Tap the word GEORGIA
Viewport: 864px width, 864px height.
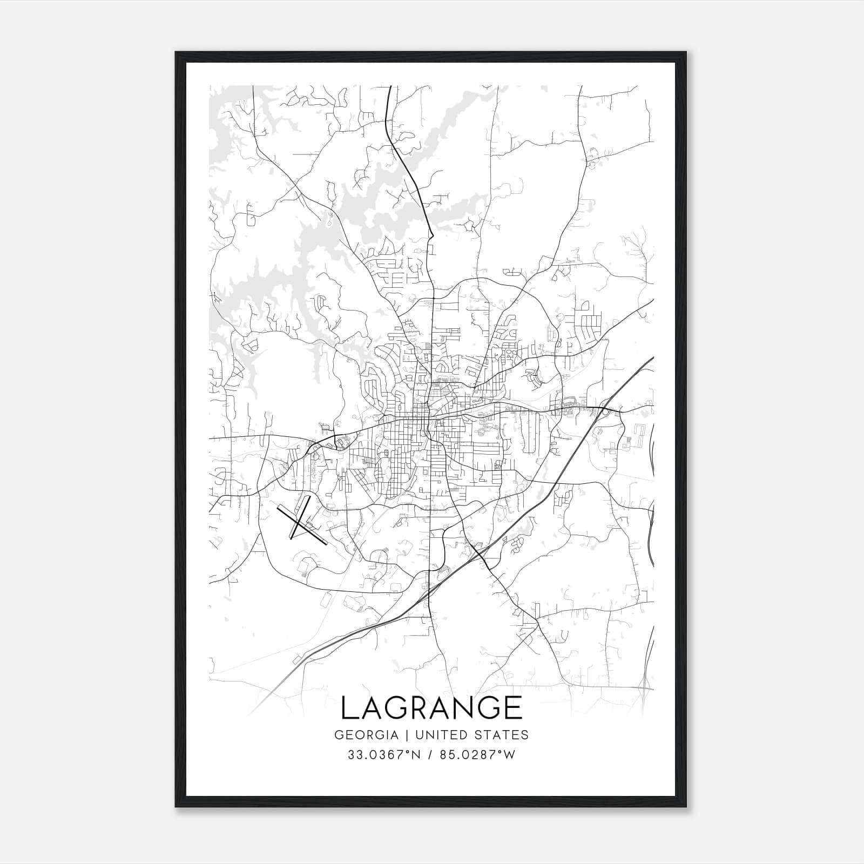tap(366, 735)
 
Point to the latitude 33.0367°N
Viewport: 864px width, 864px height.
tap(383, 755)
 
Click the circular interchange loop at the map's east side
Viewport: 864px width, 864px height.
tap(606, 411)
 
